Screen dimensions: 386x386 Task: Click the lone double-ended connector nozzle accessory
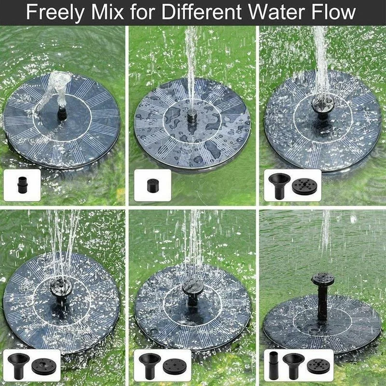22,185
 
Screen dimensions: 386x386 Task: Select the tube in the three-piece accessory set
273,367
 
